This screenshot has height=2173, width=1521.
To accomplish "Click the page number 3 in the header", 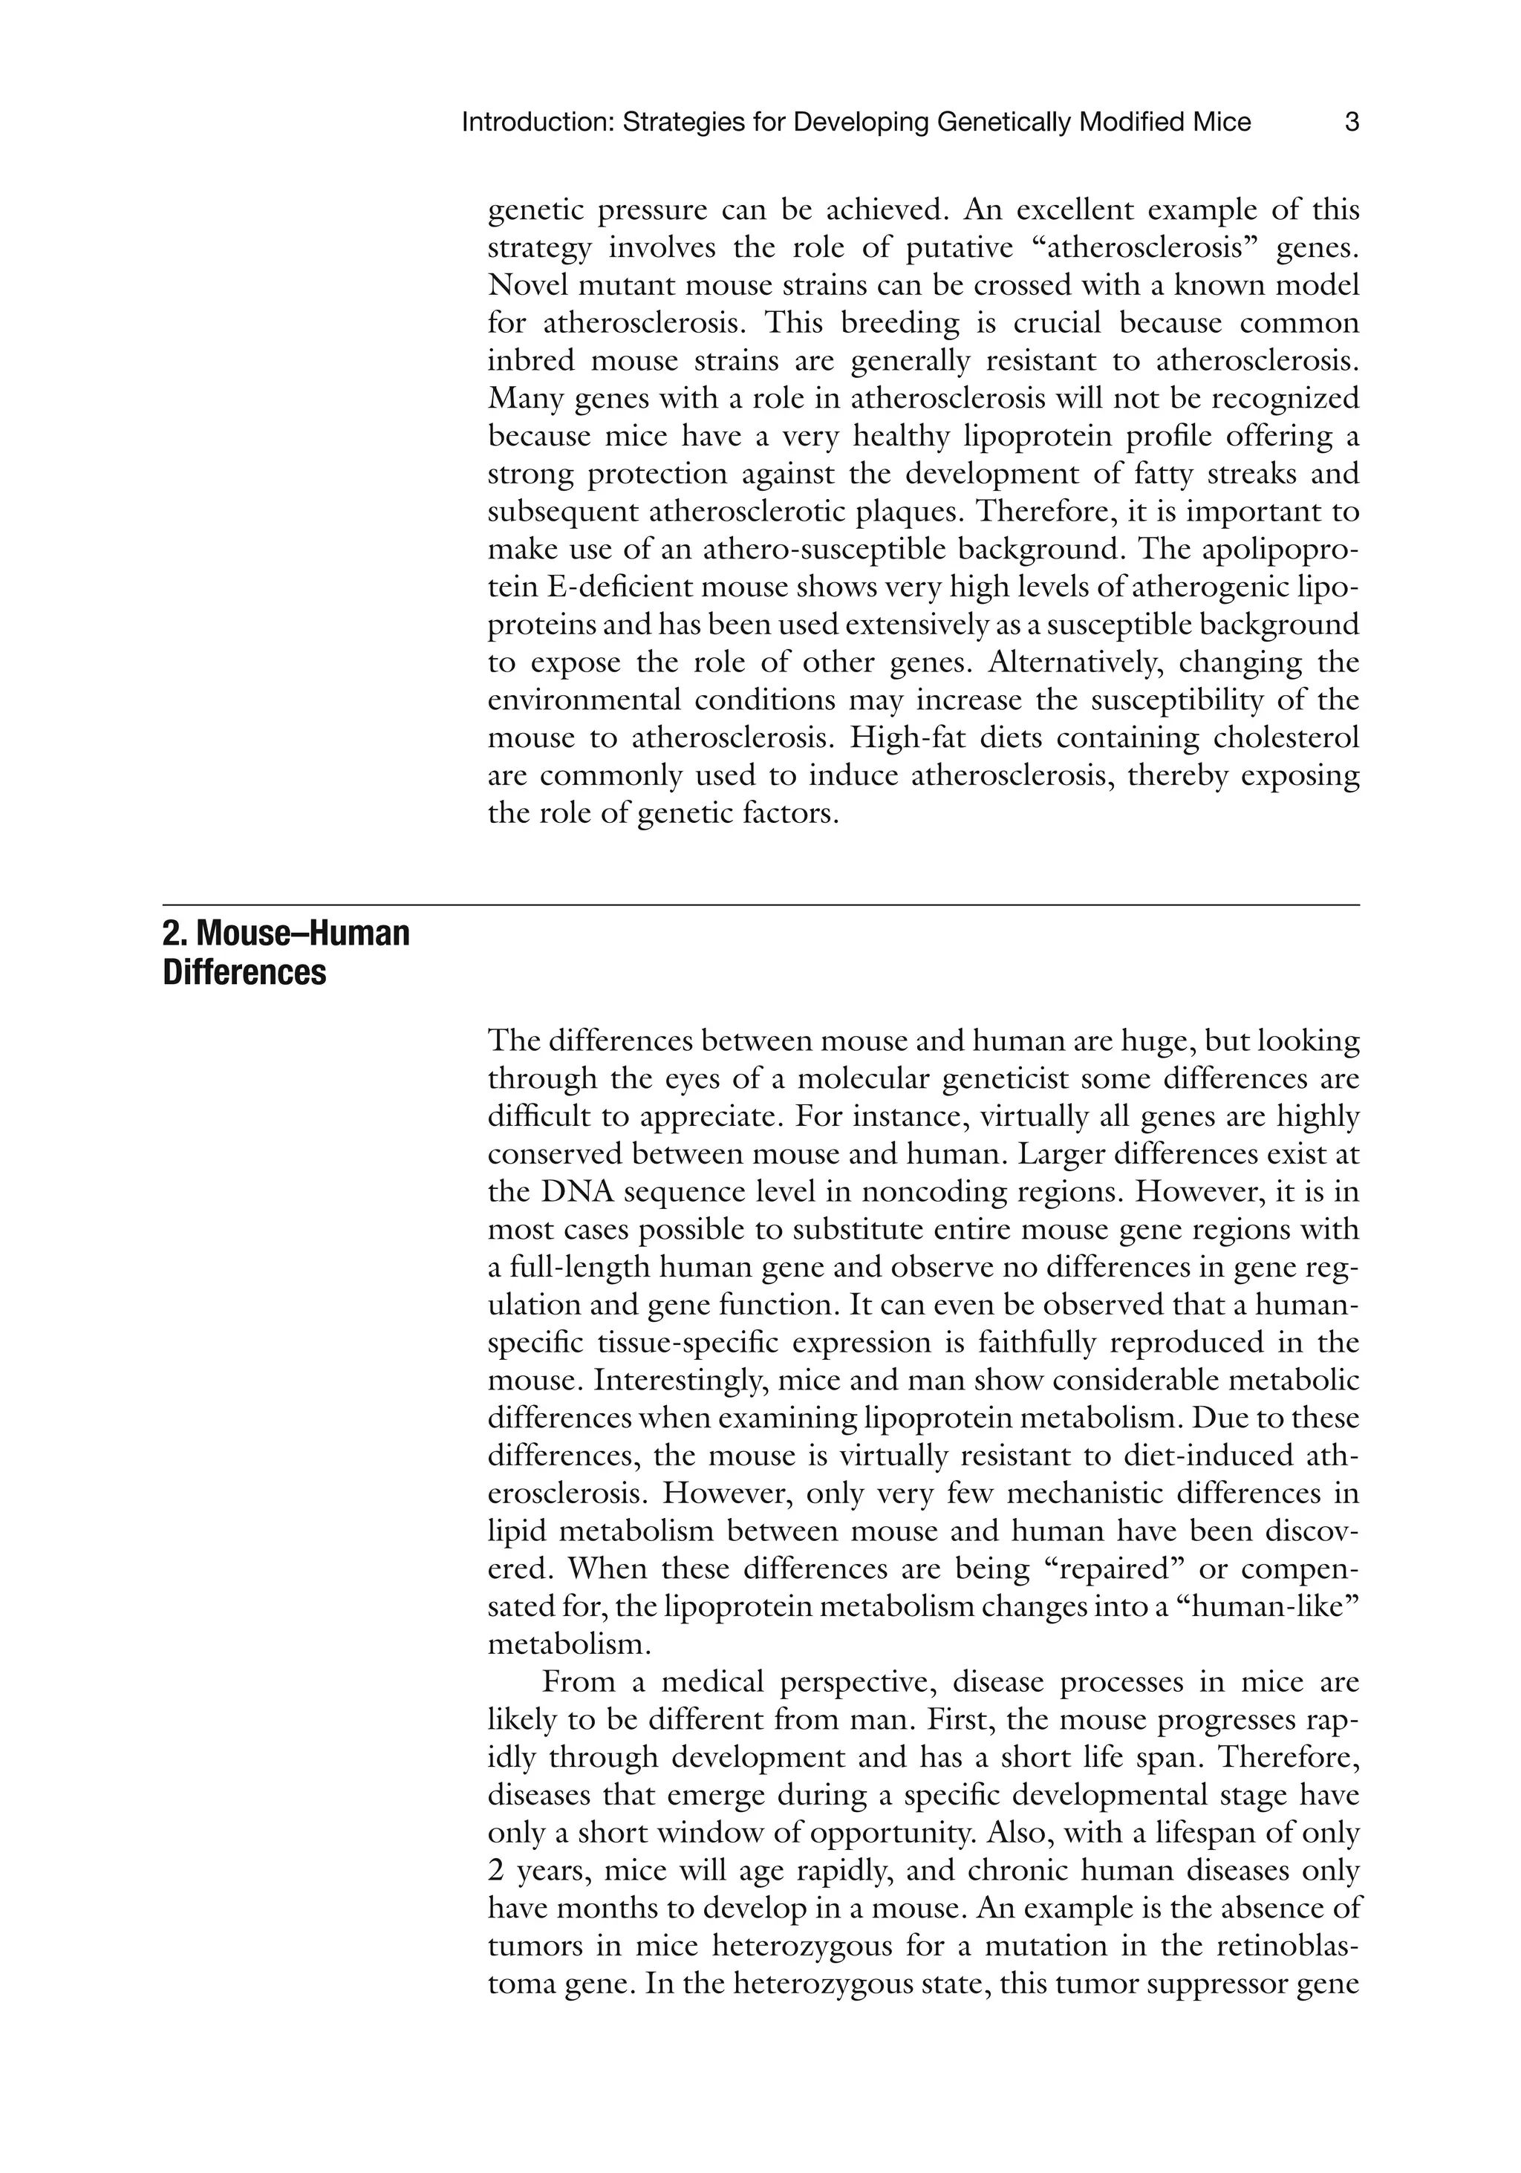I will (x=1352, y=122).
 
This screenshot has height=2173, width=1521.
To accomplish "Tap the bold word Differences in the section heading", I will (x=244, y=972).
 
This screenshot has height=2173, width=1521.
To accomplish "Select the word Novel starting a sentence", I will (x=527, y=286).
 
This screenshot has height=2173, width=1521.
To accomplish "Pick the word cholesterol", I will (x=1293, y=737).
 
